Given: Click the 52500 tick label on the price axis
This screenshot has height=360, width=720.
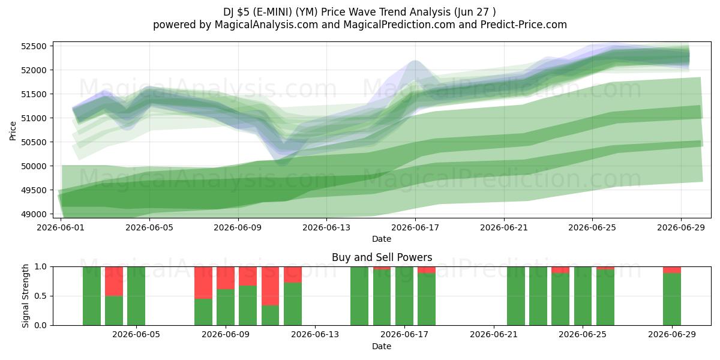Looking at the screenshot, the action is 34,46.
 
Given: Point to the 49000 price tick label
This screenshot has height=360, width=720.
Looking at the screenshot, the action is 34,214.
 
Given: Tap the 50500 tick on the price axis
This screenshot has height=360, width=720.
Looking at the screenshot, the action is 34,142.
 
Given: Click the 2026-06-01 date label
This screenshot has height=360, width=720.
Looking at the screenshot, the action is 61,227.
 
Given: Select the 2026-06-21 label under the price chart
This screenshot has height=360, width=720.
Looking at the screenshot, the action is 504,227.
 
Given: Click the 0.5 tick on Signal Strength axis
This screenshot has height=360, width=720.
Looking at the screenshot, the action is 41,296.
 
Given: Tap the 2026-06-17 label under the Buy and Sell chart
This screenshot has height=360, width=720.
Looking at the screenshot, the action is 404,334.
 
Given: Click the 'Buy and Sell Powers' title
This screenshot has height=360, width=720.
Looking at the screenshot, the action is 382,257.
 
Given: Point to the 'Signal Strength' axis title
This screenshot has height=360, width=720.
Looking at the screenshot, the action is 25,296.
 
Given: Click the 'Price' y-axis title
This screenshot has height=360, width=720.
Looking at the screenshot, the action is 13,131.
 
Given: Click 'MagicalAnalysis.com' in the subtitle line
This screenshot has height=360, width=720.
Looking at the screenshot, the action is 266,25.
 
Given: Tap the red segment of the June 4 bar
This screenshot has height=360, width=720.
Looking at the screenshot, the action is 114,281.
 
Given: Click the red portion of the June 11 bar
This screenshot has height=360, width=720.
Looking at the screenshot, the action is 271,286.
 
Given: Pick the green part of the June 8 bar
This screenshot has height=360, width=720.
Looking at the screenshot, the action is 203,312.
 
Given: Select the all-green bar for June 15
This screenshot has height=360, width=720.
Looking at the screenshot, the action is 359,296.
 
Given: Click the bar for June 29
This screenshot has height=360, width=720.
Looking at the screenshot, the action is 672,296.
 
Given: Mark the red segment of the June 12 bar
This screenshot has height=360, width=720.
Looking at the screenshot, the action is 293,275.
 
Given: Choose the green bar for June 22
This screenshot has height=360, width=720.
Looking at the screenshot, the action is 516,296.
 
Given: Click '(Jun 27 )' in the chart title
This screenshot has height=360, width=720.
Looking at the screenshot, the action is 475,12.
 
